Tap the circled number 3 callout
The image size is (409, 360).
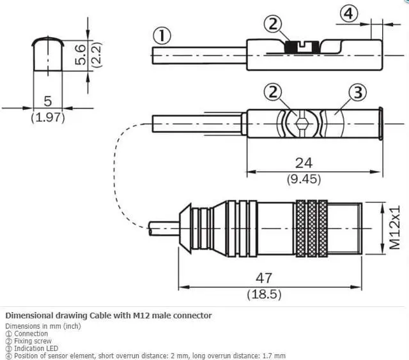pos(357,93)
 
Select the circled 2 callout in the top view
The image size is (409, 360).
pos(274,24)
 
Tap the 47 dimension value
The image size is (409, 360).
pos(265,278)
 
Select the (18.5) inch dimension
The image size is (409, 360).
pos(265,294)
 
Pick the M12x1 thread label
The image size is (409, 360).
pos(396,227)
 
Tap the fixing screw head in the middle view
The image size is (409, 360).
pos(302,122)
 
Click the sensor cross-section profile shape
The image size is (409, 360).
pos(48,54)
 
